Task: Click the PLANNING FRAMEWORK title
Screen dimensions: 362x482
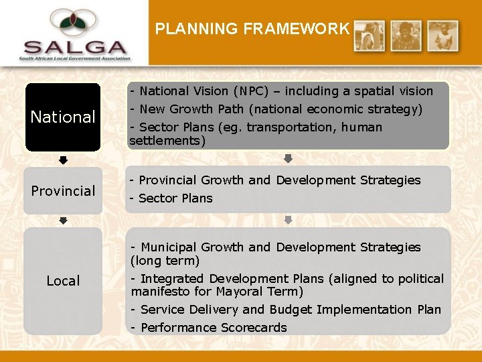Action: coord(252,29)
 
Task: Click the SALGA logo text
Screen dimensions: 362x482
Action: coord(75,48)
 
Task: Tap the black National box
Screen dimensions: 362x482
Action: coord(63,117)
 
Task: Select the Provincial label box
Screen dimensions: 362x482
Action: coord(63,191)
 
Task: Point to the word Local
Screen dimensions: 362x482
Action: coord(63,281)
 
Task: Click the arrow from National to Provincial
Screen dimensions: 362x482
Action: coord(63,160)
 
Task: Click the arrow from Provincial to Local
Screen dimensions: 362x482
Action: coord(63,221)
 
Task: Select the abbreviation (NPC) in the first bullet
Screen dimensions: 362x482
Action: coord(252,91)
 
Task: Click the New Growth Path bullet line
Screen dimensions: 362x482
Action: coord(276,109)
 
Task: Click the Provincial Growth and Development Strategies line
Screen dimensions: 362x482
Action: coord(275,180)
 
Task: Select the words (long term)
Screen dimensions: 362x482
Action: coord(165,261)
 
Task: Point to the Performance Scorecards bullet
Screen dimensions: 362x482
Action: coord(209,328)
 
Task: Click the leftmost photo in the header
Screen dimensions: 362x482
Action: coord(370,36)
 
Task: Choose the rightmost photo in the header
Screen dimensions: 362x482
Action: coord(443,36)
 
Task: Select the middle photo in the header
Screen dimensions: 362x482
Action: coord(406,36)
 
